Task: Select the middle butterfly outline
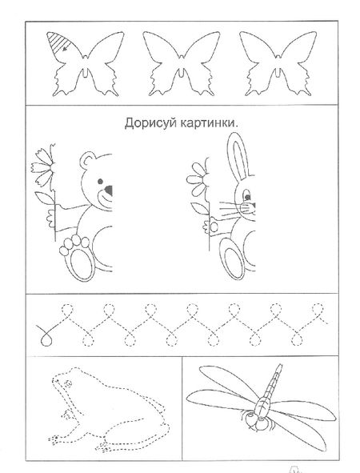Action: click(182, 63)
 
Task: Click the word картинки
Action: click(207, 124)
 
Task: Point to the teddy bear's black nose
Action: click(108, 190)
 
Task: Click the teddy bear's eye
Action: click(100, 182)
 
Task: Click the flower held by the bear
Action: click(44, 166)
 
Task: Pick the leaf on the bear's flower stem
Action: click(45, 198)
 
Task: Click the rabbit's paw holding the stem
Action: click(213, 226)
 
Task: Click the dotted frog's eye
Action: click(68, 383)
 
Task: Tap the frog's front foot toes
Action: click(54, 439)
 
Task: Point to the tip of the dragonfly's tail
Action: click(281, 366)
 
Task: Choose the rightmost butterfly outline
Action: click(278, 63)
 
